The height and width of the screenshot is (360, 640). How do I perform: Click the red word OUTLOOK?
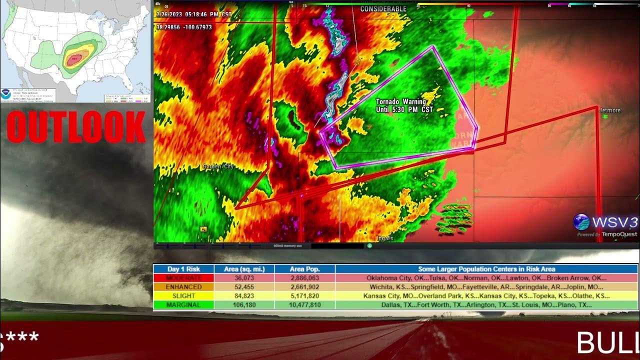tap(76, 127)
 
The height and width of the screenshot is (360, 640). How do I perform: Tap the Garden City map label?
tap(218, 166)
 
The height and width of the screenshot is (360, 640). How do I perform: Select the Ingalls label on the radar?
tap(385, 238)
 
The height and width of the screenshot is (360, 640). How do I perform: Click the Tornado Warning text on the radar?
tap(401, 101)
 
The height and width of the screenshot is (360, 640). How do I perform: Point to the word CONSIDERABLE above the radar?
tap(383, 9)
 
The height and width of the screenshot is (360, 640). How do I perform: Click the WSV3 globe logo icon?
tap(581, 222)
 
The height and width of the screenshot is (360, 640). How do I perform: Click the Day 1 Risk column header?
tap(183, 269)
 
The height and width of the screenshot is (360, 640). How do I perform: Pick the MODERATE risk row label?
tap(183, 278)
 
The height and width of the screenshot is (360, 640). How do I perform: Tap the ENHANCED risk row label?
tap(183, 287)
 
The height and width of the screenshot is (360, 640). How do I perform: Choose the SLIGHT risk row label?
tap(183, 296)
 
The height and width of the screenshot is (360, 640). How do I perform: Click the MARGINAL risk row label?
tap(183, 305)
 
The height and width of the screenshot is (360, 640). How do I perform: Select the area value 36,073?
tap(244, 278)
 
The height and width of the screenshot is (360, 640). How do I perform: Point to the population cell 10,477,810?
tap(304, 305)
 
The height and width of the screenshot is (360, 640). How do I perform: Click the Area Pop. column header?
tap(304, 269)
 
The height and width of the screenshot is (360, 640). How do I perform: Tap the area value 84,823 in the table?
tap(244, 296)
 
